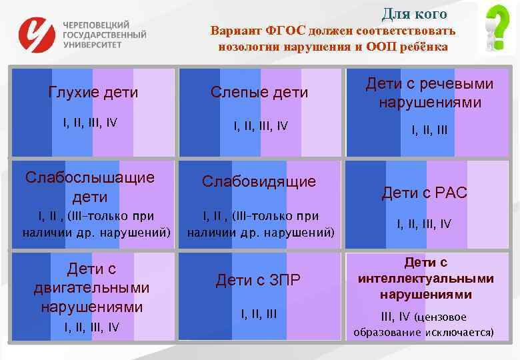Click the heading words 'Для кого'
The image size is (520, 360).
pos(414,13)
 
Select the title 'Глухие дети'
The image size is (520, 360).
pos(93,92)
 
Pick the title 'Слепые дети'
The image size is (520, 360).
pos(259,92)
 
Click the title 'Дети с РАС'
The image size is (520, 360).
pos(424,193)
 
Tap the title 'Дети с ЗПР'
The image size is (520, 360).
pos(258,281)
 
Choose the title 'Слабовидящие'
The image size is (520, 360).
pos(259,181)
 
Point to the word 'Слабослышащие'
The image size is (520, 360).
pos(89,177)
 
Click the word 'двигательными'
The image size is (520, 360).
pos(91,288)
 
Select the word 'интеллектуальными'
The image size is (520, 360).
pos(425,279)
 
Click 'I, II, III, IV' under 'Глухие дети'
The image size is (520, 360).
pos(90,123)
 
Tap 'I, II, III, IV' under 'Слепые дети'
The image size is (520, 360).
pos(259,125)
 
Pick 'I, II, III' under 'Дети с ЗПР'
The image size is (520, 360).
pos(258,313)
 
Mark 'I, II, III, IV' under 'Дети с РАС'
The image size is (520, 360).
pos(424,224)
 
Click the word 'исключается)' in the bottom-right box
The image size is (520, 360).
pos(458,332)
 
